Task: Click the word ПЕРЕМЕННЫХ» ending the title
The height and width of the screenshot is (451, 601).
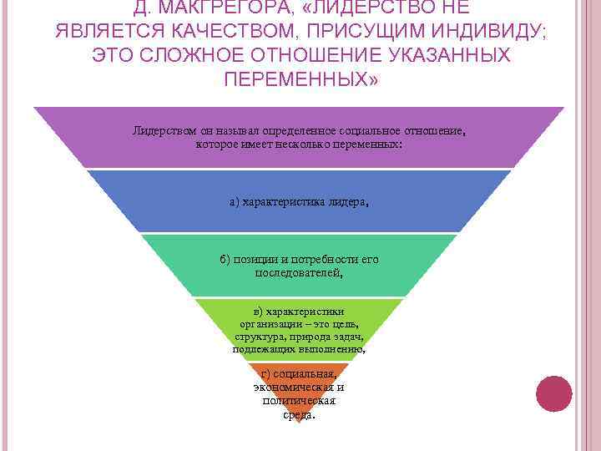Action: (x=300, y=79)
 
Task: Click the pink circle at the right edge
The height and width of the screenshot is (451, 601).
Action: (x=553, y=393)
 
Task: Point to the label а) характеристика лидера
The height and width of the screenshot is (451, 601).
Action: (x=299, y=202)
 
